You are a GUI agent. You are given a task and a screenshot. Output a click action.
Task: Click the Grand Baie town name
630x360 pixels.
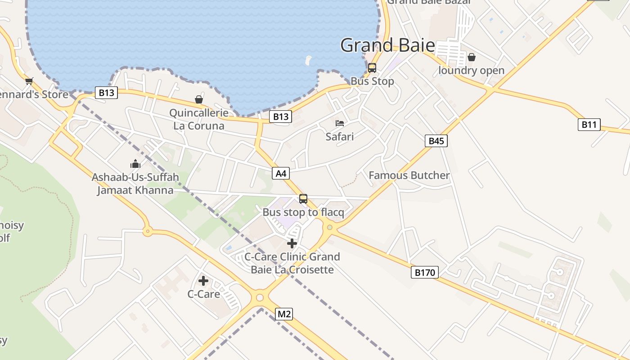coord(387,45)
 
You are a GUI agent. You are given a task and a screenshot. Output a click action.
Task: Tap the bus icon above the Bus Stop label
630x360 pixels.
coord(372,68)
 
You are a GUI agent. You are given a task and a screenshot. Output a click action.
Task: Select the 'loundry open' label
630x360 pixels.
coord(471,71)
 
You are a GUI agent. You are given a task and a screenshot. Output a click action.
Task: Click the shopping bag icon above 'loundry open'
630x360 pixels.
coord(472,57)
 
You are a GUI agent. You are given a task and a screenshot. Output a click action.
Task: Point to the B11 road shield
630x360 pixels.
coord(589,125)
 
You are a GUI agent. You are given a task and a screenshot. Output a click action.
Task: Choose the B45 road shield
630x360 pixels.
coord(436,141)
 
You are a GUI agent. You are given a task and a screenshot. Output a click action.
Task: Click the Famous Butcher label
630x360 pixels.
coord(409,175)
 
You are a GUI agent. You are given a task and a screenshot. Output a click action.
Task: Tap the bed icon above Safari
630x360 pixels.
coord(340,123)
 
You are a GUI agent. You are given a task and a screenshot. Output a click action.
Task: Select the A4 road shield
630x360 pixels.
coord(280,173)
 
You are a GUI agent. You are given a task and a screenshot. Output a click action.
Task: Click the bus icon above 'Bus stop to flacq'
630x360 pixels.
coord(303,198)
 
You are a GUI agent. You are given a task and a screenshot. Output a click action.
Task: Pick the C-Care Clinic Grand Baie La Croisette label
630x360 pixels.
coord(292,263)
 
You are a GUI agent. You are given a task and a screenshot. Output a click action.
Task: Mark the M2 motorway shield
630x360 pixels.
coord(284,314)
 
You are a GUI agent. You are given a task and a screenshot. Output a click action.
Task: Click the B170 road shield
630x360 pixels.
coord(424,272)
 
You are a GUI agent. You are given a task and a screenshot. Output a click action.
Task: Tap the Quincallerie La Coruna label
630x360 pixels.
coord(199,119)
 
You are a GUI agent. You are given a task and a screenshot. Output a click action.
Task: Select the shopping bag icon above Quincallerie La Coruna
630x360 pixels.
coord(199,99)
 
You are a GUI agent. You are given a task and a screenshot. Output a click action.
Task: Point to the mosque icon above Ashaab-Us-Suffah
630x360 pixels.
coord(135,164)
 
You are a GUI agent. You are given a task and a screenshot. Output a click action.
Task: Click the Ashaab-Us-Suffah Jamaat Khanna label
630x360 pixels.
coord(135,184)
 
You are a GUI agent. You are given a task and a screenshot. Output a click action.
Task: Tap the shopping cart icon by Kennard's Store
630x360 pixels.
coord(29,81)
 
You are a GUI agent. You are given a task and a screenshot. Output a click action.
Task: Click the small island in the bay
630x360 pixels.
coord(308,59)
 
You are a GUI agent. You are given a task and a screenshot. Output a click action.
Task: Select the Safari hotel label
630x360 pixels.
coord(340,136)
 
